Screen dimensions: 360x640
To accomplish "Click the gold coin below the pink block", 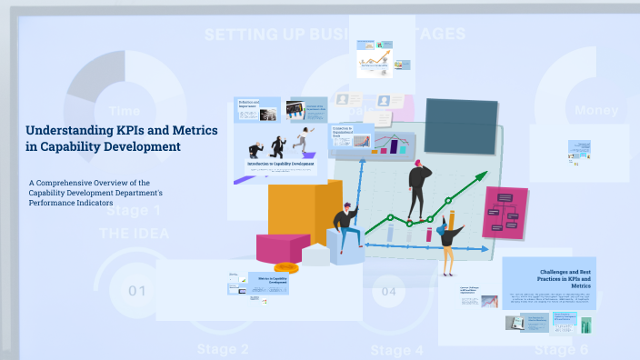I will (x=286, y=267).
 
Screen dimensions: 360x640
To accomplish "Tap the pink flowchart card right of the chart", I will (x=505, y=213).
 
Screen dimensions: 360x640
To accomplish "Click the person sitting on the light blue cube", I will (x=345, y=227).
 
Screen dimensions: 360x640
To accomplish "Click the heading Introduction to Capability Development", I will (x=281, y=164).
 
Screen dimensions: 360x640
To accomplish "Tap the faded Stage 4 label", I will (x=396, y=350).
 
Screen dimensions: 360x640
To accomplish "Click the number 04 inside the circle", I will (x=388, y=292).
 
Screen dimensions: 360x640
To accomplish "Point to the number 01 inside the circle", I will (x=137, y=292).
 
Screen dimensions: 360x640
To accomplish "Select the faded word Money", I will (x=596, y=110).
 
